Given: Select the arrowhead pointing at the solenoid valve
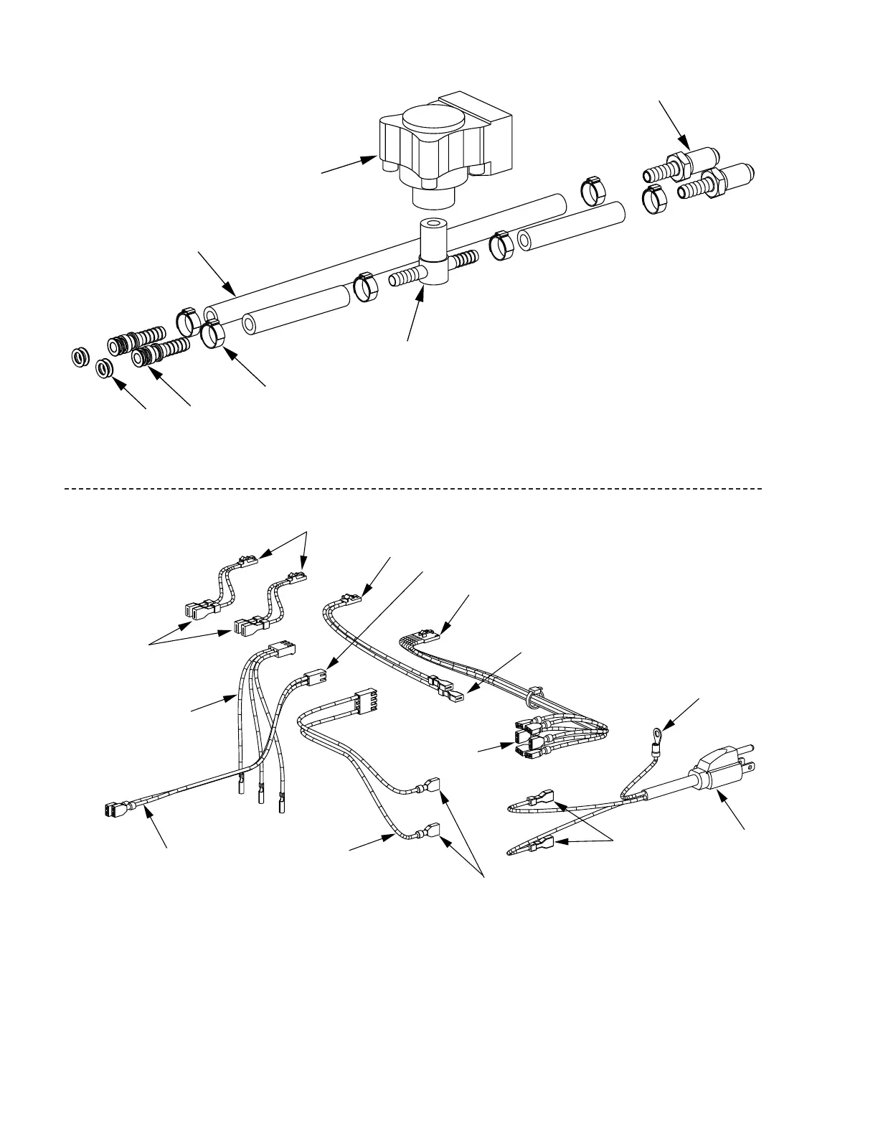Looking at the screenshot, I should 372,159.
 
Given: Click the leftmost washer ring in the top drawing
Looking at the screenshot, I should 80,356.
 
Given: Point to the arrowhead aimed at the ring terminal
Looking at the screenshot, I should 666,726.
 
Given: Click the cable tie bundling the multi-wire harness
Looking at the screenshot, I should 532,696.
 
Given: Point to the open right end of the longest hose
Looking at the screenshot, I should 559,202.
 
